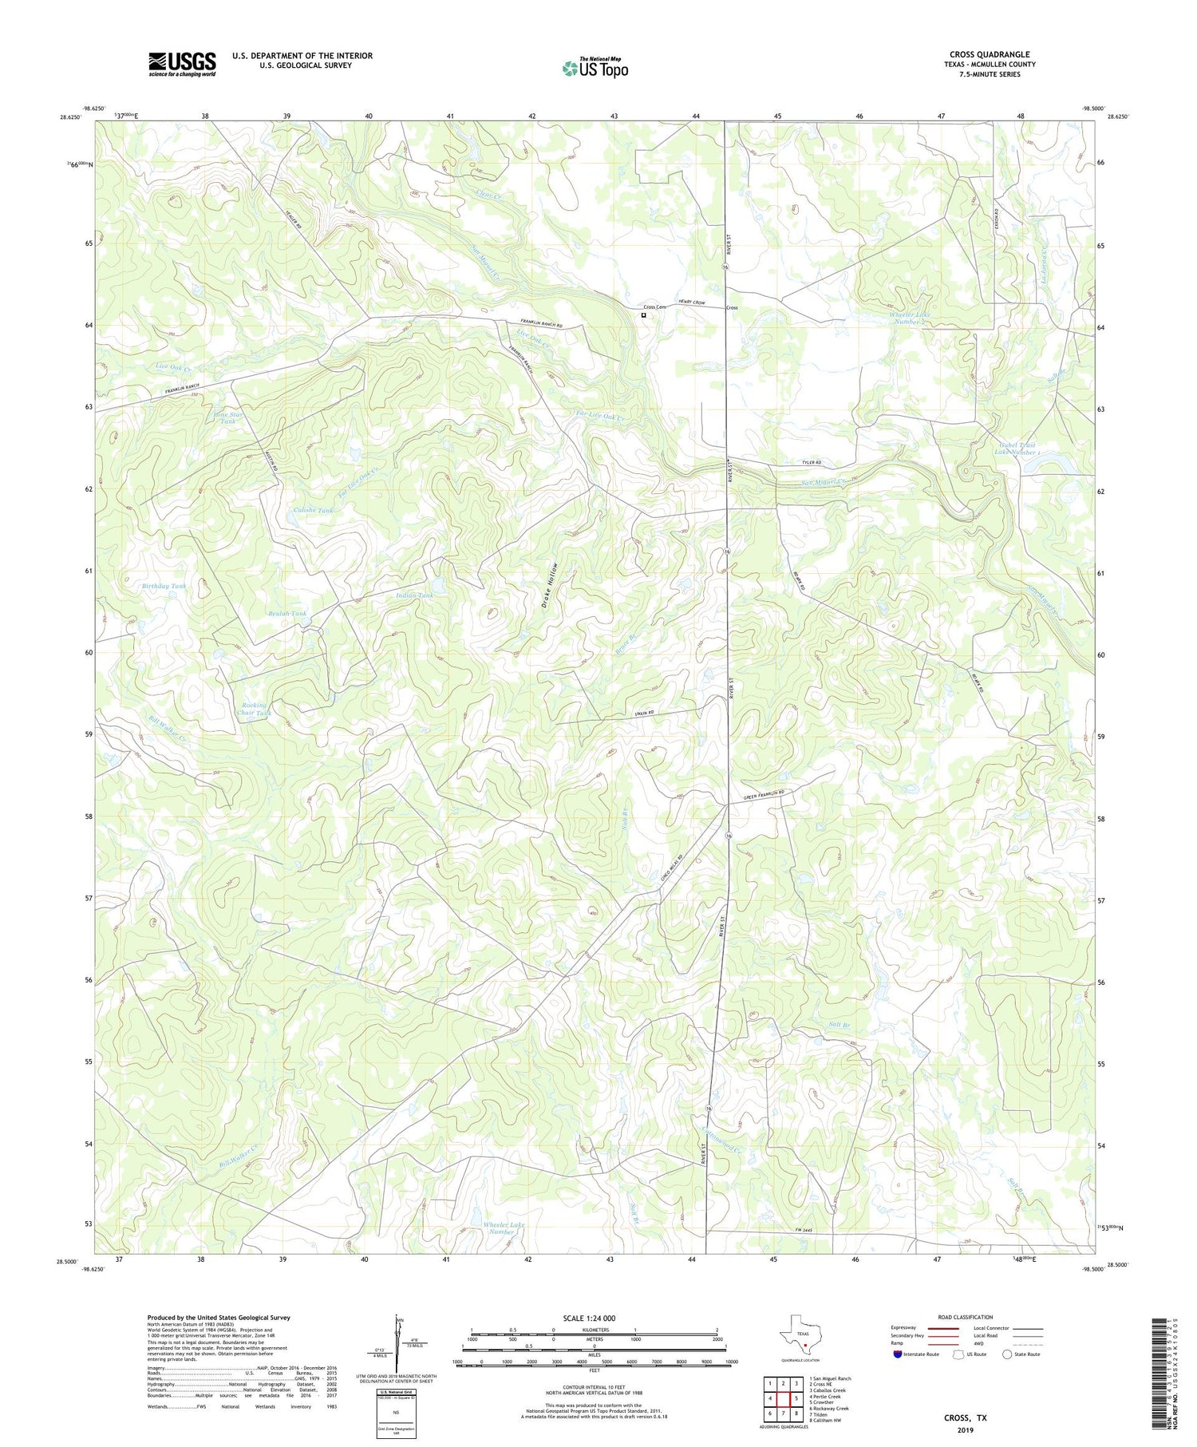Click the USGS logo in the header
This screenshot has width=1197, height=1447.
(x=182, y=64)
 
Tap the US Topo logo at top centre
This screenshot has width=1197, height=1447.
(x=595, y=68)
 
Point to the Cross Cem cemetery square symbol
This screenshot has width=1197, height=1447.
(x=643, y=315)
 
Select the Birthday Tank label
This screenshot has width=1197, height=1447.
(x=164, y=586)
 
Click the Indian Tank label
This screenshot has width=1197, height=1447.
(x=414, y=595)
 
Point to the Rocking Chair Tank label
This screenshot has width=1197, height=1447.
(x=256, y=709)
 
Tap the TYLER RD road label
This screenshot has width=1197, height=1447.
(x=811, y=463)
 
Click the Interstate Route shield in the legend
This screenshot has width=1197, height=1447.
(x=899, y=1354)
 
